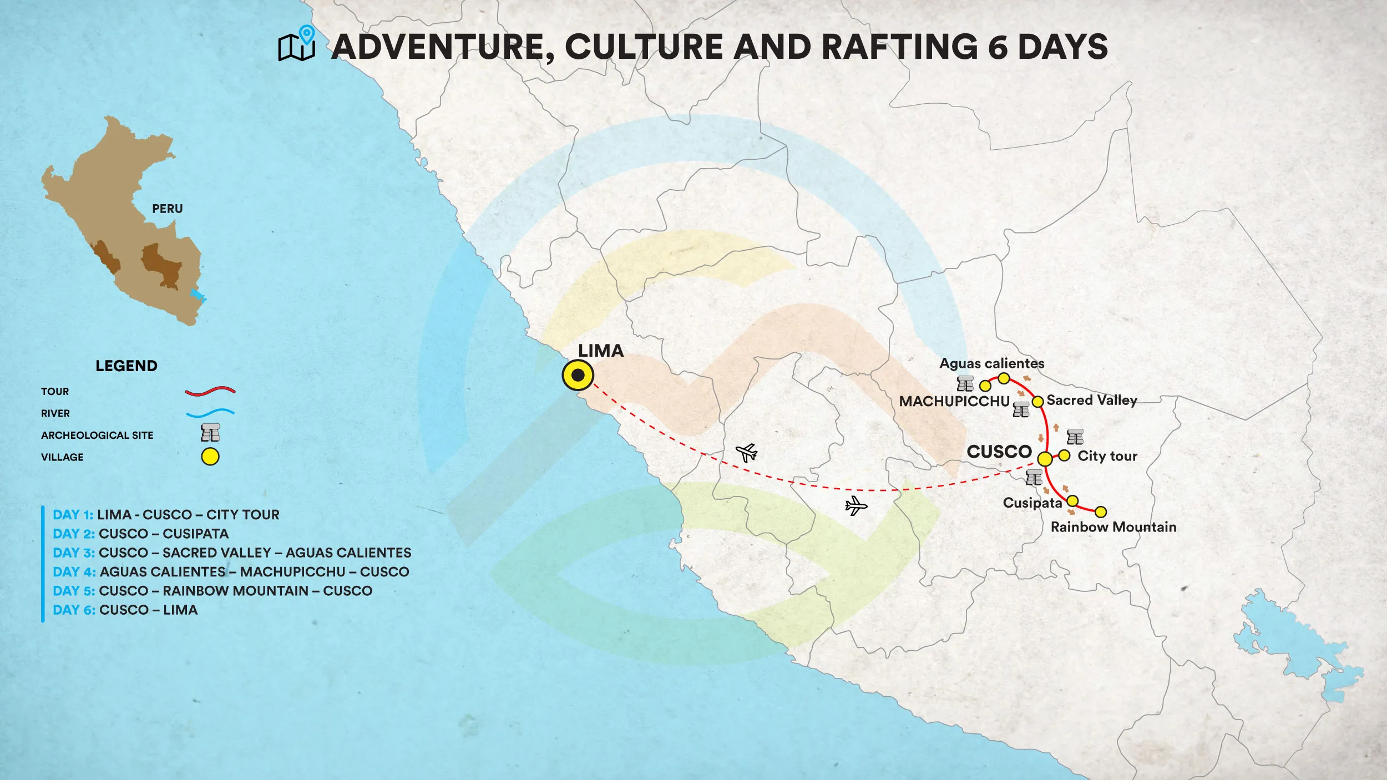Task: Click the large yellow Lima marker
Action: click(578, 376)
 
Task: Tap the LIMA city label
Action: click(601, 351)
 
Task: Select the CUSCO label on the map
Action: click(999, 452)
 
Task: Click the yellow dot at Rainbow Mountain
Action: click(1101, 512)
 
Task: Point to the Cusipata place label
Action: click(1032, 503)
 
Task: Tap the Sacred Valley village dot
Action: click(1037, 401)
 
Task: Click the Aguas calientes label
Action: click(991, 363)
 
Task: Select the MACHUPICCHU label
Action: click(954, 401)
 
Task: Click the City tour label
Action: click(1107, 456)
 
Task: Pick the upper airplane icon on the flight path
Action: click(747, 453)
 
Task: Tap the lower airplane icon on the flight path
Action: click(856, 506)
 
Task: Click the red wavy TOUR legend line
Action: click(210, 391)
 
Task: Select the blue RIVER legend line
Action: click(210, 413)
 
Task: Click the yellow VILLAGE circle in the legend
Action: click(210, 457)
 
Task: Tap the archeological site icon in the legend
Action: click(210, 433)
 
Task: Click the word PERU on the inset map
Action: click(167, 209)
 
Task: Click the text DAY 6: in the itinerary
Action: click(74, 610)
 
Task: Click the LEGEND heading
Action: click(126, 366)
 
